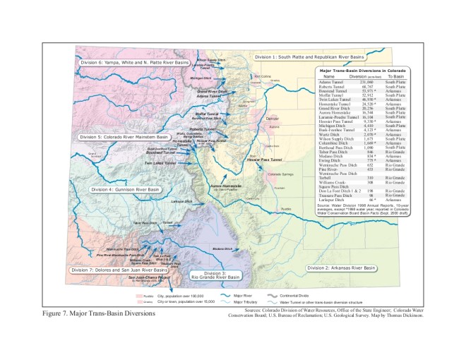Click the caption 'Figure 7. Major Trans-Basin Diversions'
(99, 311)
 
